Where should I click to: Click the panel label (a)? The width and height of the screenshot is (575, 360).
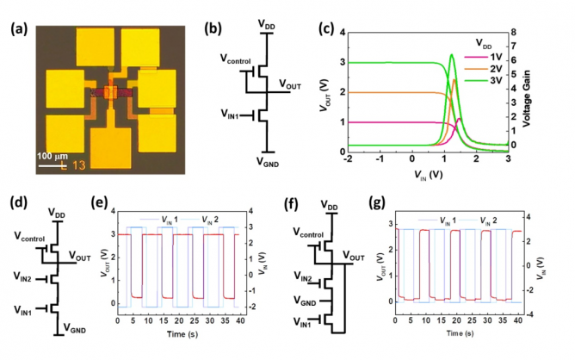pyautogui.click(x=19, y=29)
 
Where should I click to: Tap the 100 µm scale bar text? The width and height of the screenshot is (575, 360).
pyautogui.click(x=52, y=157)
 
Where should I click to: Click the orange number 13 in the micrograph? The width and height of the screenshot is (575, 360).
pyautogui.click(x=78, y=165)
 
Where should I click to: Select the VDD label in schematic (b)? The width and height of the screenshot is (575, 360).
pyautogui.click(x=266, y=25)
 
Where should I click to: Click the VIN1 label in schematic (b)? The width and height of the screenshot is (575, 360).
pyautogui.click(x=230, y=115)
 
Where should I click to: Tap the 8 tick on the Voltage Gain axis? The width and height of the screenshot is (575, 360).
pyautogui.click(x=513, y=32)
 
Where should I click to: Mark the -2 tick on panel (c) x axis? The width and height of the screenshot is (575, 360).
pyautogui.click(x=348, y=158)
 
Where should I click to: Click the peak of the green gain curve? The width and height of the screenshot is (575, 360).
pyautogui.click(x=451, y=54)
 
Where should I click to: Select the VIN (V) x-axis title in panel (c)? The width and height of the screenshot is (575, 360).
pyautogui.click(x=429, y=175)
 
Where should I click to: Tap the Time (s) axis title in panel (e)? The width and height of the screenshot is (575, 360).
pyautogui.click(x=182, y=334)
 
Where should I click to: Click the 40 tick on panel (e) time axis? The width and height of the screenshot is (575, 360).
pyautogui.click(x=240, y=320)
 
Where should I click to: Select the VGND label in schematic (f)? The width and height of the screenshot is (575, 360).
pyautogui.click(x=305, y=301)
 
